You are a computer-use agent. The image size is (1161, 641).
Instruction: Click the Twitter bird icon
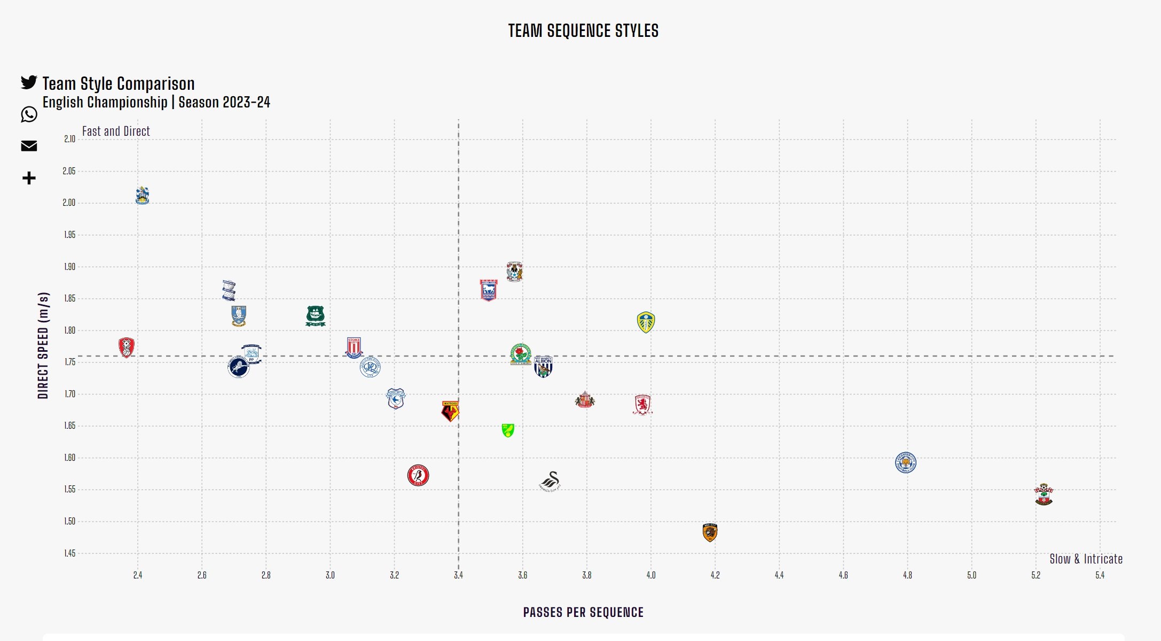[x=29, y=82]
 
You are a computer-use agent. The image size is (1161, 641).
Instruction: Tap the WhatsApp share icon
[x=29, y=114]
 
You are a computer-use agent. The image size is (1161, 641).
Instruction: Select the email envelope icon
[x=29, y=146]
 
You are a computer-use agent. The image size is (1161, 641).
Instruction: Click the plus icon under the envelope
[x=29, y=178]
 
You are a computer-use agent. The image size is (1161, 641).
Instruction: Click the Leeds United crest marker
[x=646, y=322]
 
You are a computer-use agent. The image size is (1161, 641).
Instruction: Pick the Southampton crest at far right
[x=1044, y=495]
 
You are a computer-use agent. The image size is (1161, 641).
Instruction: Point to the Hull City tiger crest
[x=710, y=532]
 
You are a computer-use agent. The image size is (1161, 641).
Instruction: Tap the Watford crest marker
[x=450, y=411]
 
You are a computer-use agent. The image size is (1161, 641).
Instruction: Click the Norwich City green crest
[x=508, y=430]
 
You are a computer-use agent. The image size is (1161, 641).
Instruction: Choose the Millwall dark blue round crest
[x=238, y=368]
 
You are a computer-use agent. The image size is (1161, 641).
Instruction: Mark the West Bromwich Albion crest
[x=543, y=366]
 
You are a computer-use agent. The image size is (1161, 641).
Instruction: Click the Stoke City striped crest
[x=354, y=347]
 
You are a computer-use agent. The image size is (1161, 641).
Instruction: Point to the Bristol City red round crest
[x=418, y=475]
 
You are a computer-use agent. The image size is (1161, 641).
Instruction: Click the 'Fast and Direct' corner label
[x=116, y=132]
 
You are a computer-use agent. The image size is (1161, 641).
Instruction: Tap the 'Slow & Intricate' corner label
[x=1086, y=559]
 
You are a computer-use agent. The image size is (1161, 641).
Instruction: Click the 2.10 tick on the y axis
[x=69, y=139]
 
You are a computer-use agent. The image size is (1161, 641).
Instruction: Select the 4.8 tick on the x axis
[x=907, y=575]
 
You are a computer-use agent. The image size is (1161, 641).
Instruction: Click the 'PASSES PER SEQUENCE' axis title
[x=583, y=613]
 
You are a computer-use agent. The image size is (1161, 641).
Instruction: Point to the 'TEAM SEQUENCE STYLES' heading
[x=583, y=31]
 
